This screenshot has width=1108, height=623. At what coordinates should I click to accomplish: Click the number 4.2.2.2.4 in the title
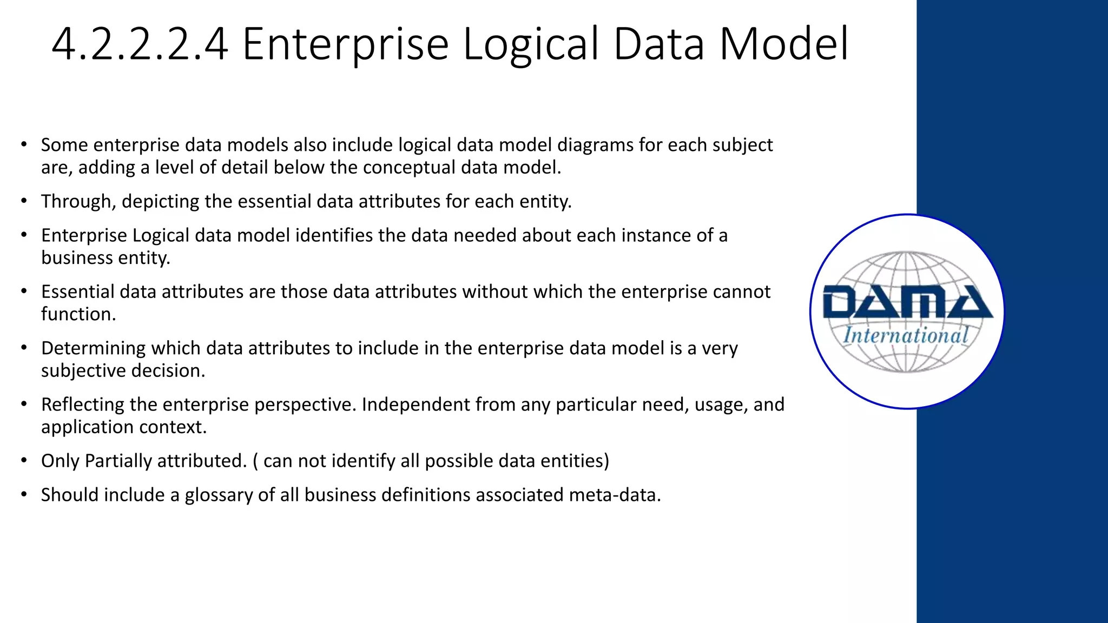pyautogui.click(x=140, y=44)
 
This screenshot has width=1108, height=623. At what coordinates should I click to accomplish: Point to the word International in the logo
pyautogui.click(x=906, y=335)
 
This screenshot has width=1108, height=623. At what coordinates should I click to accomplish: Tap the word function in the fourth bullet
pyautogui.click(x=78, y=314)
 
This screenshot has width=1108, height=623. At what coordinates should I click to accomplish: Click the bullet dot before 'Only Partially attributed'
pyautogui.click(x=24, y=461)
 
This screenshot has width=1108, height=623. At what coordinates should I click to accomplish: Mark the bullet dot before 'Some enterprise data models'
pyautogui.click(x=24, y=145)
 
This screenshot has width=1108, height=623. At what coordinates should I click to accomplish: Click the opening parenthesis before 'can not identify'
pyautogui.click(x=255, y=461)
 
